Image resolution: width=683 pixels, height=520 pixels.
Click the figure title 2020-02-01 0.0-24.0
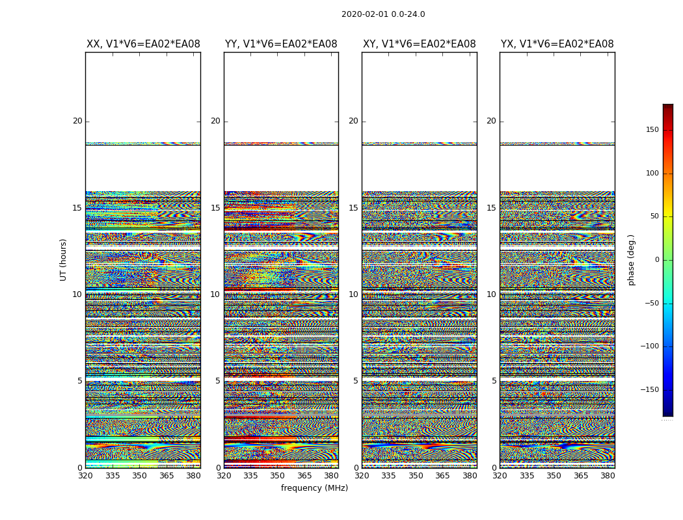[383, 14]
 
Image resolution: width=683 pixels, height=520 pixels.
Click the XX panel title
[143, 44]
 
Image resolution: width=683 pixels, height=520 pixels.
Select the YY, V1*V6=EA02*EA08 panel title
[281, 44]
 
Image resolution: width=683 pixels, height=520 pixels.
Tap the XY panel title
[419, 44]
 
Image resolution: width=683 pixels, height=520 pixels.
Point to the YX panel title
[557, 44]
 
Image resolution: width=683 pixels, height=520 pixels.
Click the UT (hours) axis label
[63, 259]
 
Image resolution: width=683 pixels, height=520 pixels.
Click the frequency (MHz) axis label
[314, 488]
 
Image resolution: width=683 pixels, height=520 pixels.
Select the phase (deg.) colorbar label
[631, 260]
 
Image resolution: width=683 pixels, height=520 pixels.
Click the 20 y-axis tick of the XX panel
[77, 121]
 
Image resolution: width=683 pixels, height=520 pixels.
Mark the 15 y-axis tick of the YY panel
[215, 208]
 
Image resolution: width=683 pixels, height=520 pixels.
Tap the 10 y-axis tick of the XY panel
[353, 294]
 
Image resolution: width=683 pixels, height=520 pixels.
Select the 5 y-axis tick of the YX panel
[494, 381]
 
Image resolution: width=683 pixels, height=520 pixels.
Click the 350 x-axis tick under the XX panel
[139, 475]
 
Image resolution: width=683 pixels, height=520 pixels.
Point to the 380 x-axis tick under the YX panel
[608, 475]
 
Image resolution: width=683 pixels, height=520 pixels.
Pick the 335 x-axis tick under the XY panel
[388, 475]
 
